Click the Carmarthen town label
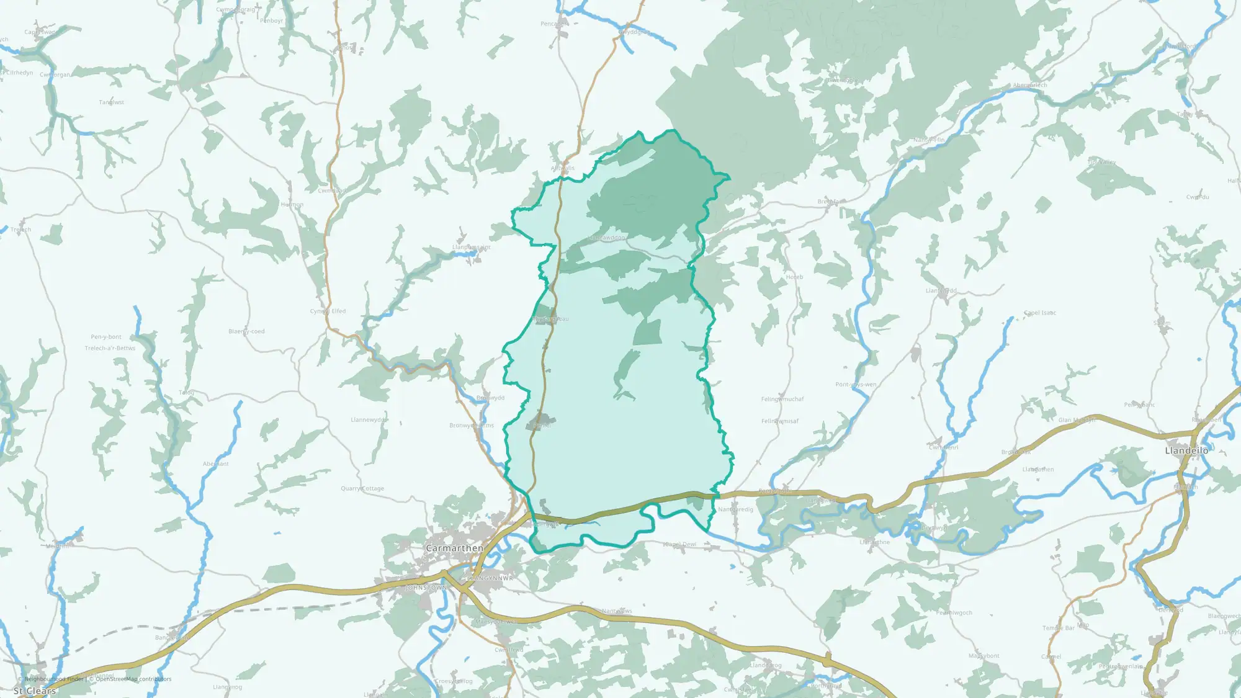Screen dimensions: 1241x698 [x=454, y=548]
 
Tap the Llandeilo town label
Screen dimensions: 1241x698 [x=1186, y=450]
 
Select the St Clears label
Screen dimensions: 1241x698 [x=35, y=691]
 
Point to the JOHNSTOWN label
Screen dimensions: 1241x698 [x=426, y=588]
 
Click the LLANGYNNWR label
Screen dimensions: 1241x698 [x=490, y=578]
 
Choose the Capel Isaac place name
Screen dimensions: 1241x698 [x=1040, y=313]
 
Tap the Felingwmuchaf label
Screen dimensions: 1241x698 [x=782, y=399]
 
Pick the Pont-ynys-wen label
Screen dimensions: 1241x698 [x=856, y=385]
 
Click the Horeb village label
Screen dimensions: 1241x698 [x=794, y=277]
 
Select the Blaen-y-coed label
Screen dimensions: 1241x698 [x=246, y=331]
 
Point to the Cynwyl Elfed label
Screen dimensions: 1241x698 [x=328, y=311]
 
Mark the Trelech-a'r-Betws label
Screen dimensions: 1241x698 [x=110, y=348]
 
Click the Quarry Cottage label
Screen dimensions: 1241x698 [x=362, y=488]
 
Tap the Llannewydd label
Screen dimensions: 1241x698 [x=369, y=420]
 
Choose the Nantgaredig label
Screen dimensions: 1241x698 [x=735, y=509]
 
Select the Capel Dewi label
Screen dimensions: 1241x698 [x=679, y=545]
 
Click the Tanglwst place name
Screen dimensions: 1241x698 [x=112, y=102]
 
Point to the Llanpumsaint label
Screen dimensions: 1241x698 [x=471, y=248]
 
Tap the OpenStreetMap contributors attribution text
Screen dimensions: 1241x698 [x=133, y=679]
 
